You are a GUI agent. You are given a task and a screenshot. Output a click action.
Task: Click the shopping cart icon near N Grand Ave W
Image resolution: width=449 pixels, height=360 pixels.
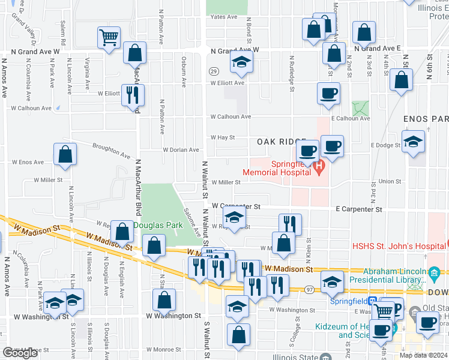point(109,38)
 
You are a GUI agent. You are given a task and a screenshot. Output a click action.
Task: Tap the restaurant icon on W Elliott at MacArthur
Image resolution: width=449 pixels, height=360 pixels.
point(133,94)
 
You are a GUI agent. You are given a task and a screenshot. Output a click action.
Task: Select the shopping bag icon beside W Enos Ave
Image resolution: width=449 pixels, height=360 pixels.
point(65,154)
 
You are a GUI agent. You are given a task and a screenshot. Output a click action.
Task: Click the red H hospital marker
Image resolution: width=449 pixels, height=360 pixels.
point(319,166)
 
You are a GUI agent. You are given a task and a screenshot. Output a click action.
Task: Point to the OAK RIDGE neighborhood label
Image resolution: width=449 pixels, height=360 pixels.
point(282,142)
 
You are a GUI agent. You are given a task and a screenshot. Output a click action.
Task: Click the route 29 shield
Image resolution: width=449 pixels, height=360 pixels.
point(213,71)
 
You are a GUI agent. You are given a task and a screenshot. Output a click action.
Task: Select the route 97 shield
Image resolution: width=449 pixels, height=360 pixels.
point(308,289)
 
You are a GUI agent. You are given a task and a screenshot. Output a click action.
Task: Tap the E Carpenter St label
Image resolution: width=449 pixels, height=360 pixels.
point(359,209)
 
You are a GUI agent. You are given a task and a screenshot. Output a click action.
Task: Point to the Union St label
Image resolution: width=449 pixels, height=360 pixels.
point(390,181)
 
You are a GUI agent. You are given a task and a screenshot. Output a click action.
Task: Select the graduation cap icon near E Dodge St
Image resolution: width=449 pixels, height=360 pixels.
point(413,142)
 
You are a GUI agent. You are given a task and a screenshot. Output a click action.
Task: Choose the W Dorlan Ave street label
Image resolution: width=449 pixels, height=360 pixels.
point(182,150)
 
